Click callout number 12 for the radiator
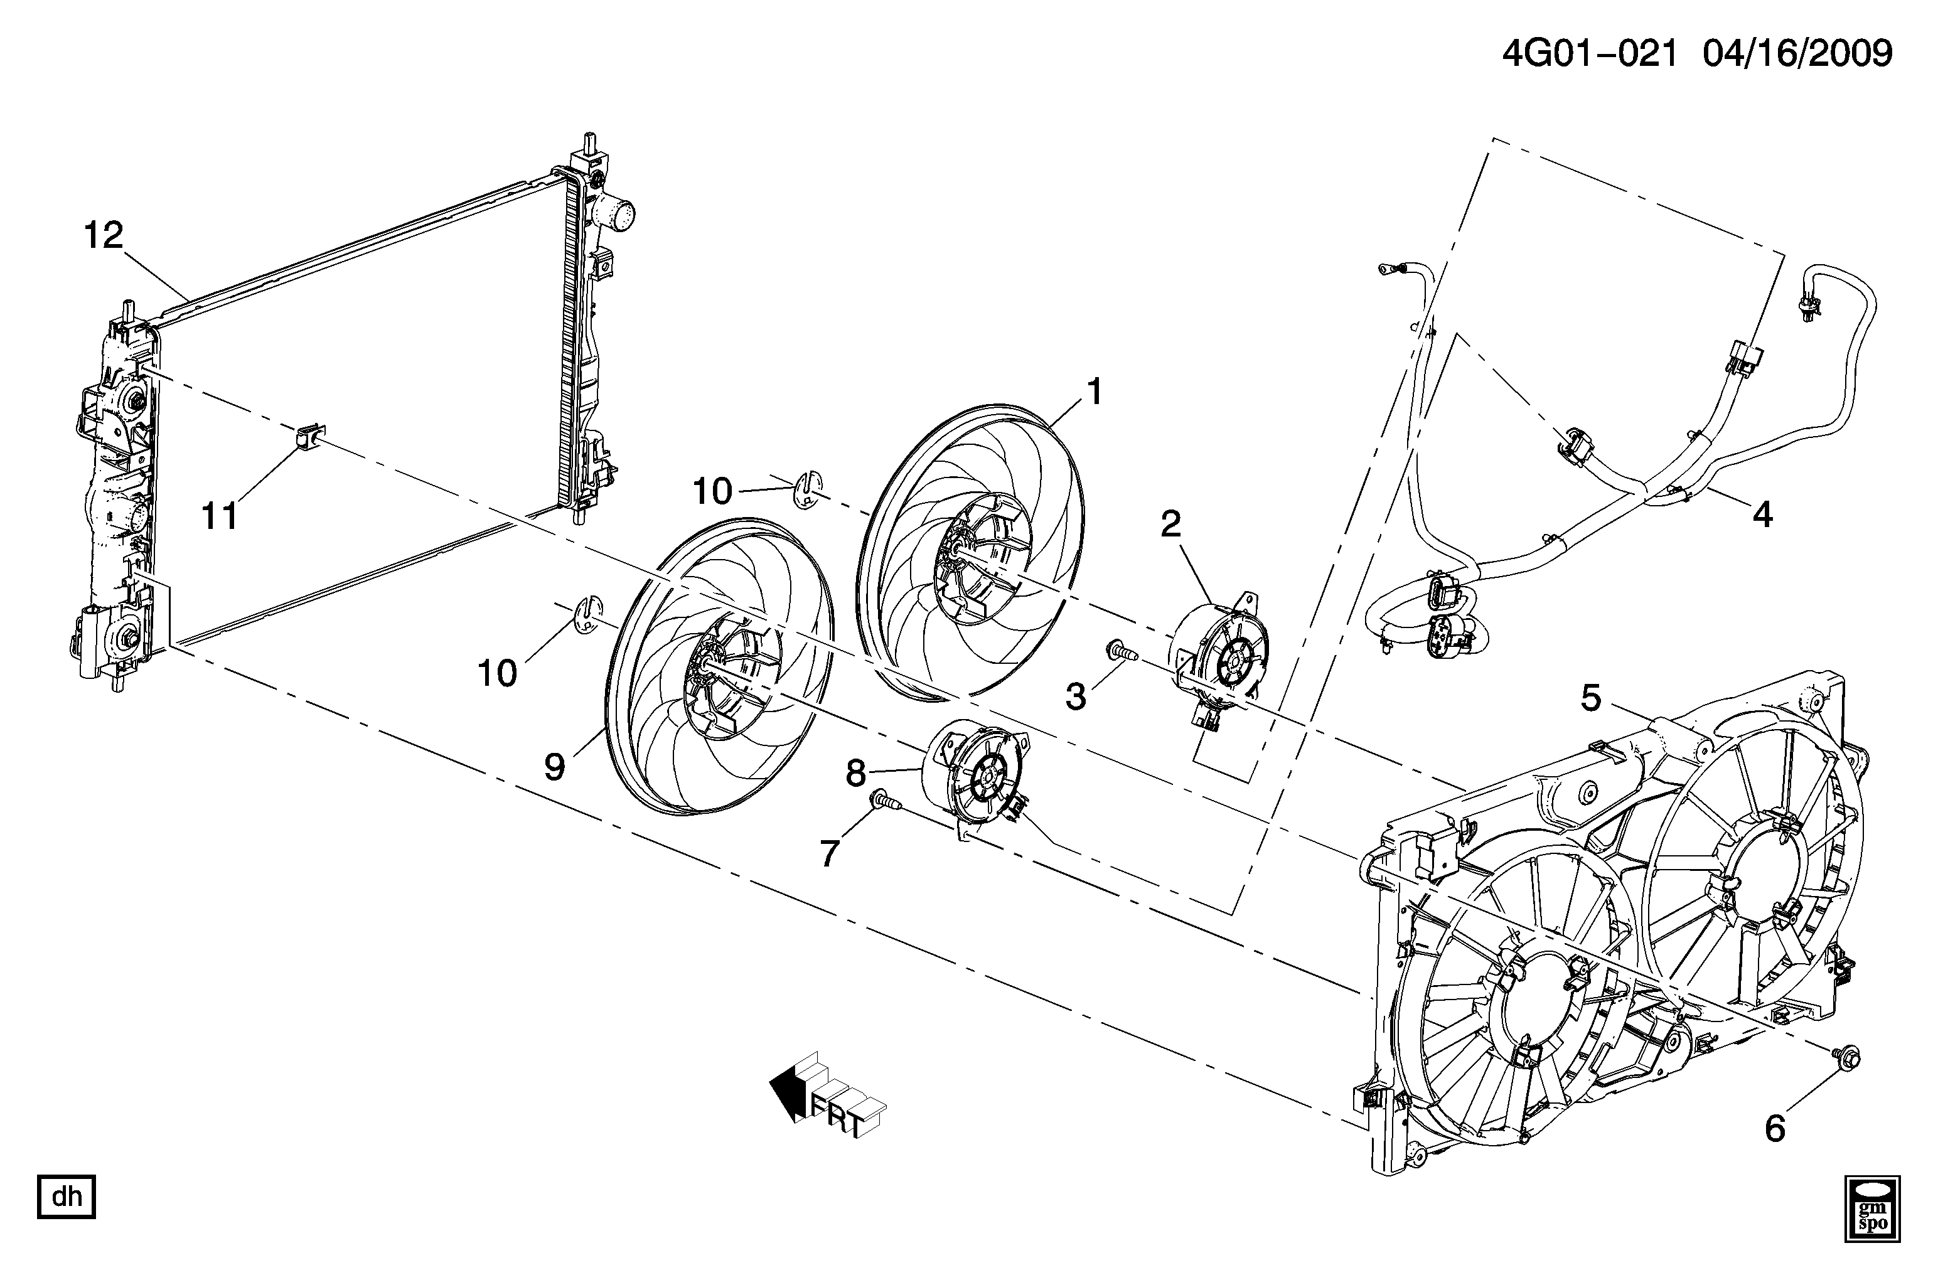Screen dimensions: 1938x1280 104,235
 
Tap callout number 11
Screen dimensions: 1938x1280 220,516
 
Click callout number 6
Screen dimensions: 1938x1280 1775,1129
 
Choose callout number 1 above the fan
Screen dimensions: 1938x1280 1094,392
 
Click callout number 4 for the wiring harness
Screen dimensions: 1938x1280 1762,515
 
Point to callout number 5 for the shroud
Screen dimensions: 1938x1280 1591,698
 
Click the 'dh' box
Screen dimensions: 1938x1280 67,1197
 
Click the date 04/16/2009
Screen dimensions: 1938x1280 1795,54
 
